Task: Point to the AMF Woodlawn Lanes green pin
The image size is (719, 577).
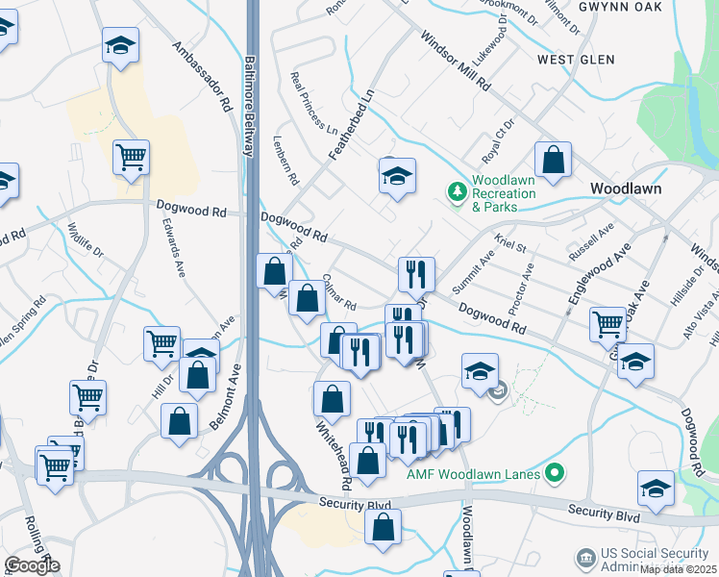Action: (x=553, y=472)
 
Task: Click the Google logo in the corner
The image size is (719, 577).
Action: (x=32, y=565)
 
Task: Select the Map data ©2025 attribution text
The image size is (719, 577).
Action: (x=679, y=569)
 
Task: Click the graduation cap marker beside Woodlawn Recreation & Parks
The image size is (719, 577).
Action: (x=397, y=176)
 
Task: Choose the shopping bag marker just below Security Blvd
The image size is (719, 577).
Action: (x=383, y=528)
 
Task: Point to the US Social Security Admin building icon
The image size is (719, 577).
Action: (x=584, y=558)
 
